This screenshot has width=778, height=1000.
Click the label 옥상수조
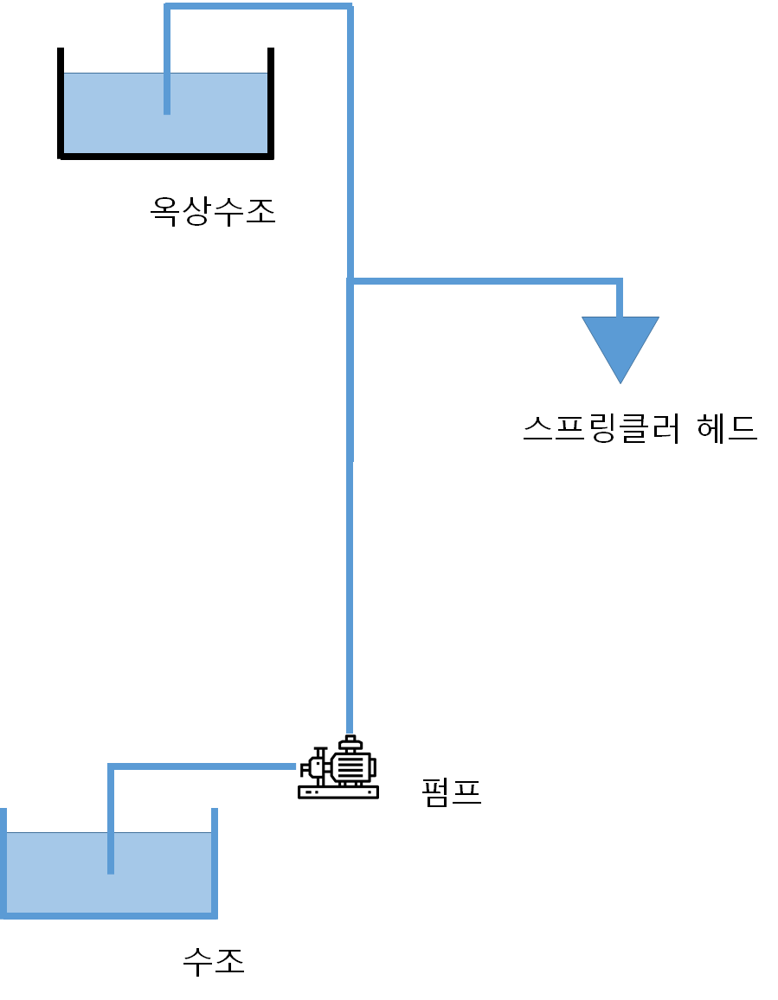click(x=213, y=210)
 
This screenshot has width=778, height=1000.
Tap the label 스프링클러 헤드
click(x=640, y=428)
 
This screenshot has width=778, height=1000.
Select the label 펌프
click(x=451, y=792)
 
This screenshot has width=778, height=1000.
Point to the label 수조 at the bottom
click(x=214, y=960)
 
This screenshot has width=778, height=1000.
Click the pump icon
click(x=338, y=768)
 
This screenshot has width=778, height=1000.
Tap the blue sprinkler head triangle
click(x=620, y=343)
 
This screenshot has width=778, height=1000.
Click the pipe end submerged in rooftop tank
click(x=167, y=108)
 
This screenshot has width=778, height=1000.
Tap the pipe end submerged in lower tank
click(x=111, y=868)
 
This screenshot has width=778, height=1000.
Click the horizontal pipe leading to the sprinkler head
click(x=485, y=281)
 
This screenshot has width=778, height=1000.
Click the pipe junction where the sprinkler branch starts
click(x=350, y=281)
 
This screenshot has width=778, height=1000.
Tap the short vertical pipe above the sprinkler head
click(x=620, y=298)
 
